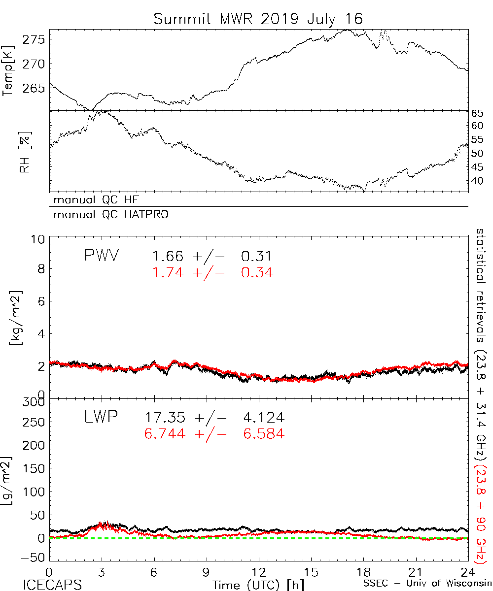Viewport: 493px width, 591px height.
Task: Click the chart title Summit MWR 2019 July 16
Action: (258, 19)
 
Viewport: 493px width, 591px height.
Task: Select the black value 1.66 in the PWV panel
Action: (168, 257)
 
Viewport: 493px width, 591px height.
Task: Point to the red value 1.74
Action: (168, 272)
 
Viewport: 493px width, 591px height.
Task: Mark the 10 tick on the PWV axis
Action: (38, 239)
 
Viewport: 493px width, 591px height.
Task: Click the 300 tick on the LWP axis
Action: (34, 402)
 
